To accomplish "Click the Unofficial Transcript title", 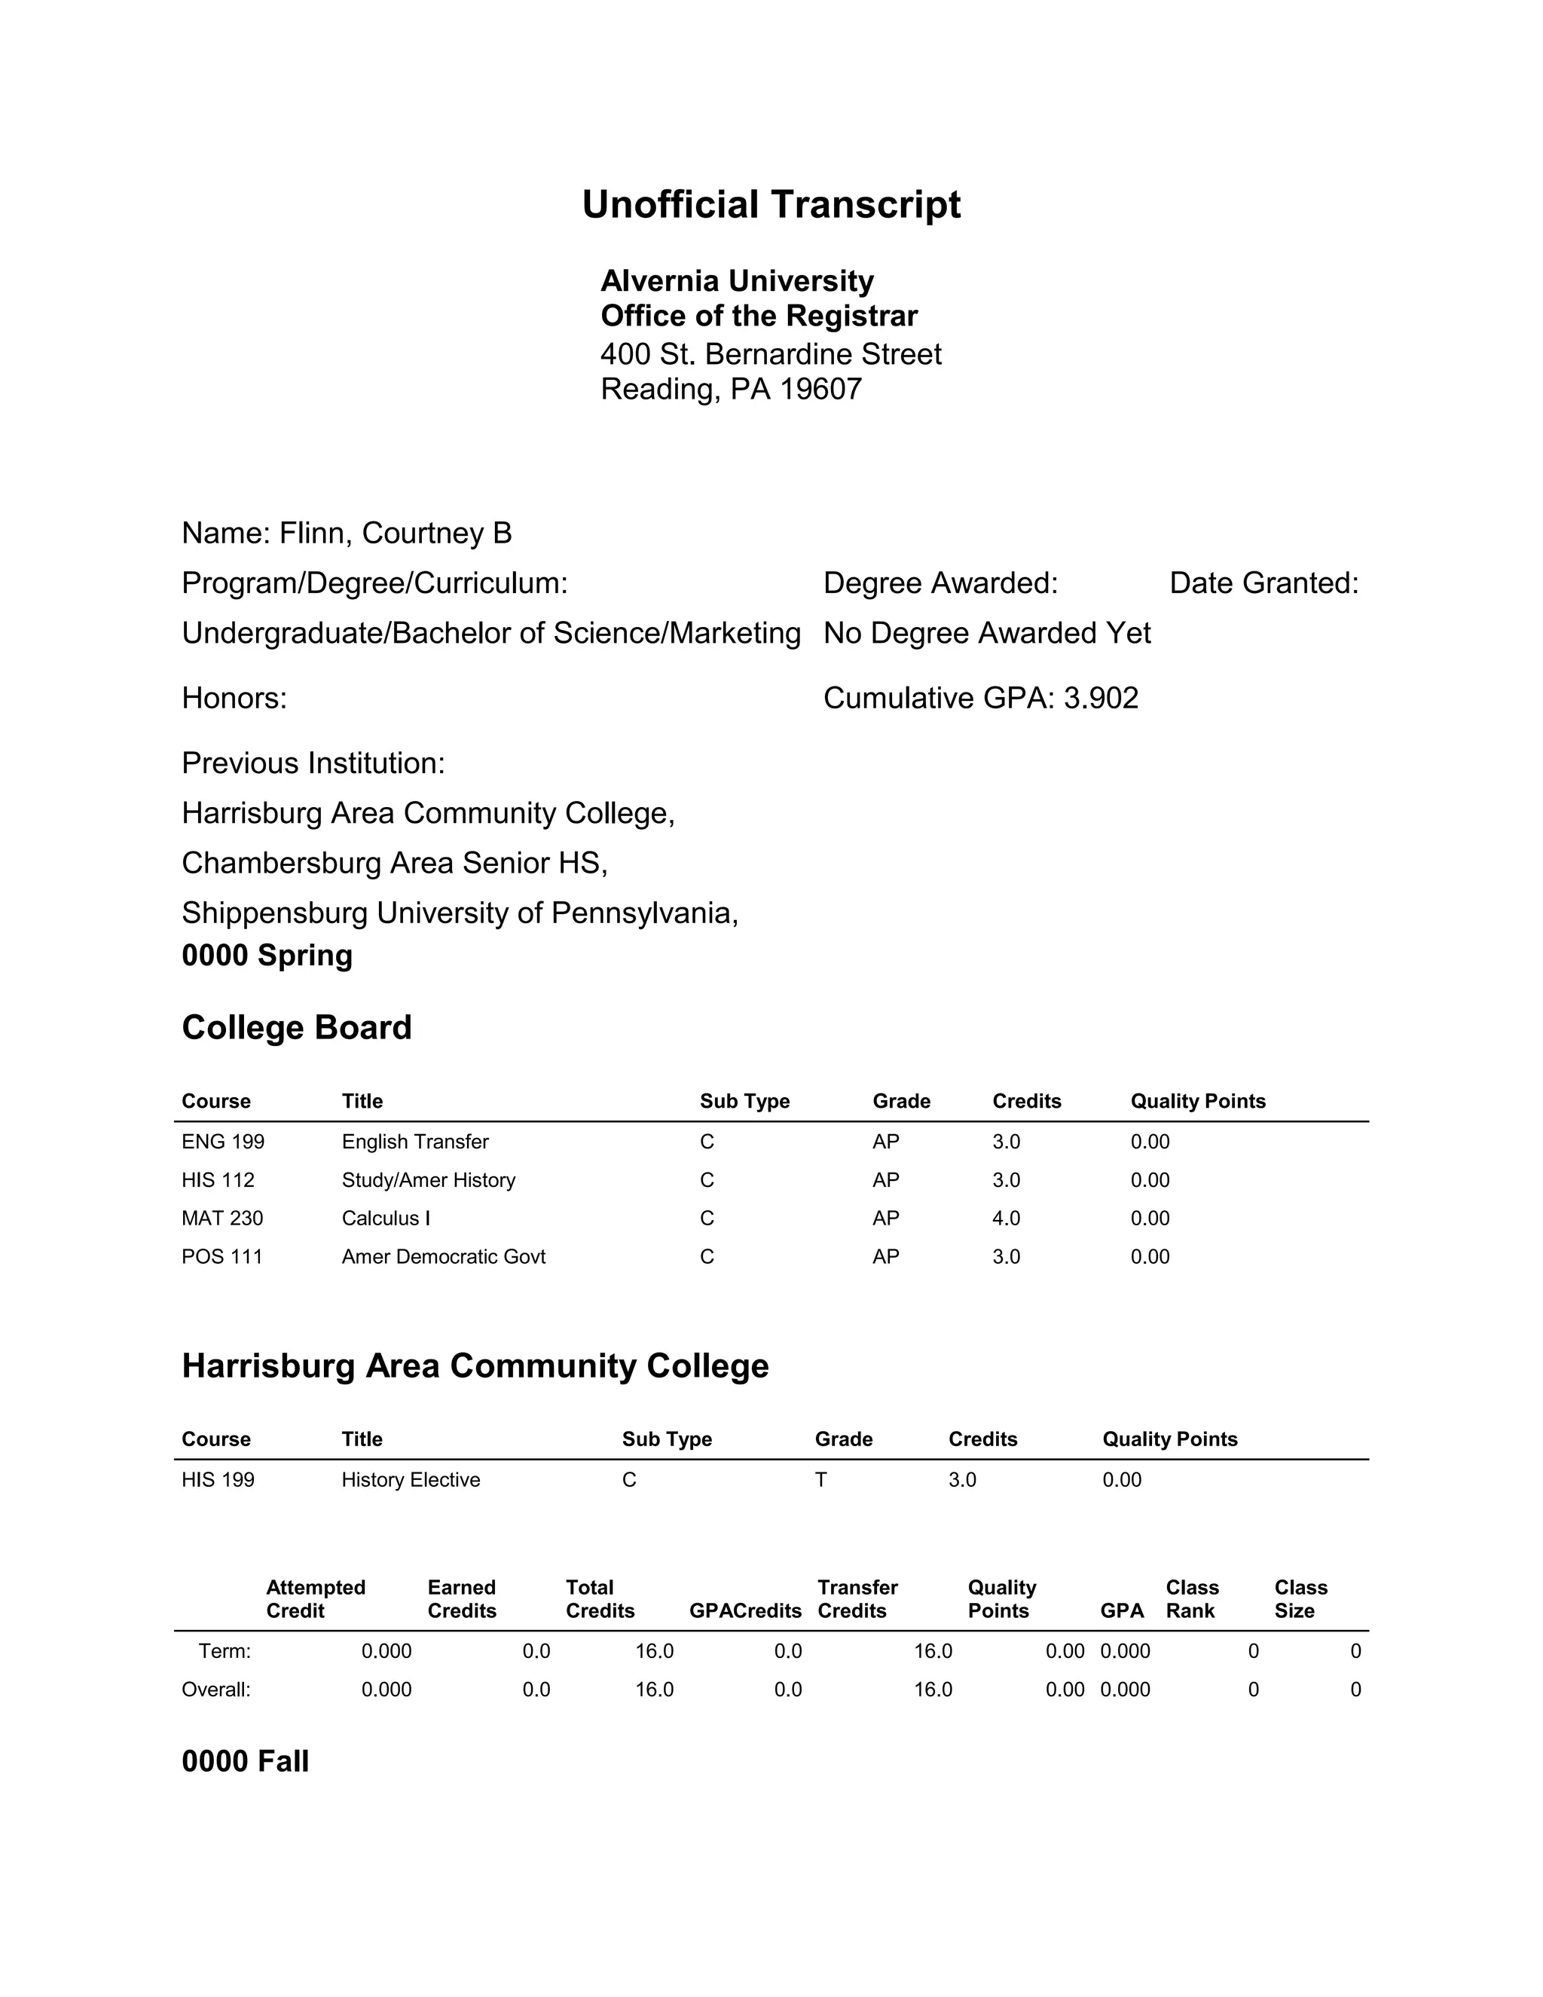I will click(771, 205).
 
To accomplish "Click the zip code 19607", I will click(820, 390).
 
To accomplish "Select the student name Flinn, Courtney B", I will click(395, 533).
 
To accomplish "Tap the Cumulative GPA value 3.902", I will click(1101, 699).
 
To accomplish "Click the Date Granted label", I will click(1263, 583).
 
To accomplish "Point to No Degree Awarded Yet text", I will click(986, 634).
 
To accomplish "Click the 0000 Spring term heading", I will click(267, 956).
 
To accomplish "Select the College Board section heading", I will click(296, 1028).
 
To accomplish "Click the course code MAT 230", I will click(222, 1219).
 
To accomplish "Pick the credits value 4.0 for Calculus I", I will click(1006, 1219).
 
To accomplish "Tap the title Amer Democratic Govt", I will click(443, 1257).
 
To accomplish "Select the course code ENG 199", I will click(223, 1142).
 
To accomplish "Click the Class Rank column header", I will click(1191, 1599).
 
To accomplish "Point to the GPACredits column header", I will click(744, 1611).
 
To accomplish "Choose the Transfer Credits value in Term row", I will click(933, 1651).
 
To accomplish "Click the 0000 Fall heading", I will click(245, 1762).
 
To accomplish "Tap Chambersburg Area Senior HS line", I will click(394, 863).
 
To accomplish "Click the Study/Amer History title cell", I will click(428, 1180).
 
